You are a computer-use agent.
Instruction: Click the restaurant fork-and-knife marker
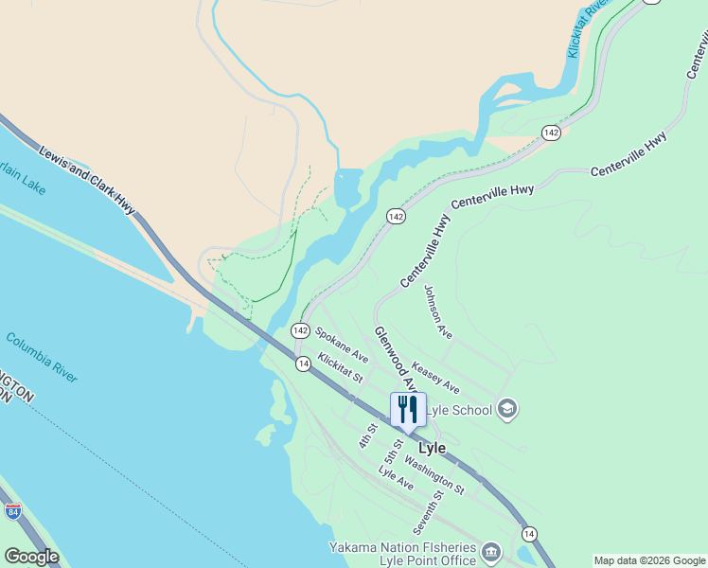408,410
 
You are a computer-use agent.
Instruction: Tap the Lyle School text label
460,410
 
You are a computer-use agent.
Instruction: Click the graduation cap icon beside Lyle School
506,409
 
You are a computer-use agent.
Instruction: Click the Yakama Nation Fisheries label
403,547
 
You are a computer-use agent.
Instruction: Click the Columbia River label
41,357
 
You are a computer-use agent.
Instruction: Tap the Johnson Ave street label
438,312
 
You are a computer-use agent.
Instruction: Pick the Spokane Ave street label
342,345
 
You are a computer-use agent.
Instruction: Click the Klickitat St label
341,367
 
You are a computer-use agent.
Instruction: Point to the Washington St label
434,475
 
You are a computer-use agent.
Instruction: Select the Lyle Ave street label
396,478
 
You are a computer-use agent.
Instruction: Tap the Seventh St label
428,511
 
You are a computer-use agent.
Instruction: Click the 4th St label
367,435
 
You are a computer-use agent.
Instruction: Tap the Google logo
31,557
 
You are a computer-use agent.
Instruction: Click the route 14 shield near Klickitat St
303,364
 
